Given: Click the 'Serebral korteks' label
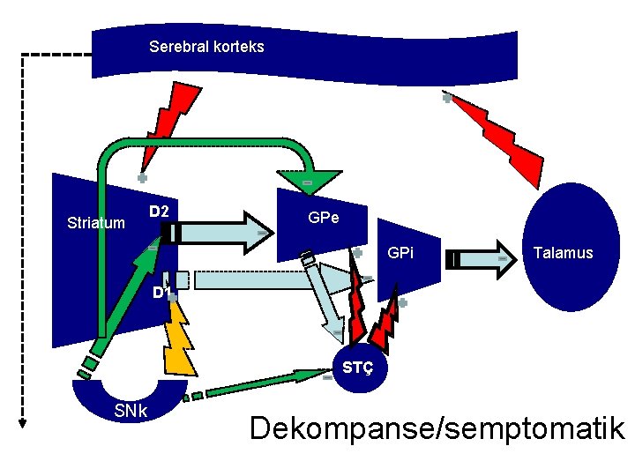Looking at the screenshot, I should point(206,46).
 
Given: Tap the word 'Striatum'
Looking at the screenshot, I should point(96,223).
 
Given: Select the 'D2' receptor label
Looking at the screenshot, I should point(160,212).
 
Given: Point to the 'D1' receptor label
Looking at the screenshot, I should point(159,292).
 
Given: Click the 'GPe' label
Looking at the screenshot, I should point(324,217).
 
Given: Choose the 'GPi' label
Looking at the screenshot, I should point(400,253).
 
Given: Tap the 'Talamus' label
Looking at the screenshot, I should point(563,253).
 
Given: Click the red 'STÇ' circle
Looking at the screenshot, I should point(357,367).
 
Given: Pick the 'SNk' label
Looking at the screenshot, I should point(131,413).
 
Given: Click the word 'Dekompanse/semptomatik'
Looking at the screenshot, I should point(437,428).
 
